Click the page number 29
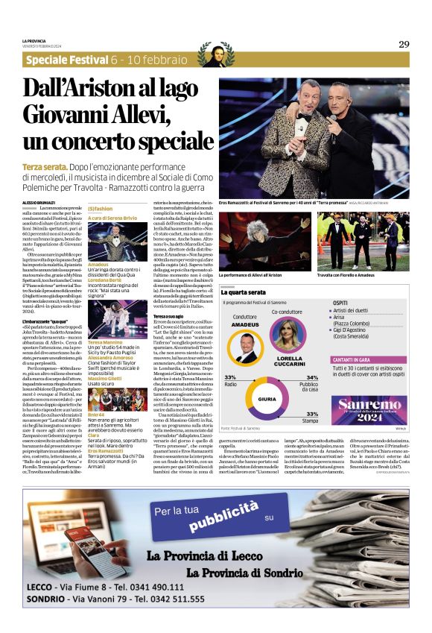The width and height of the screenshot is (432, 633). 404,44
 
